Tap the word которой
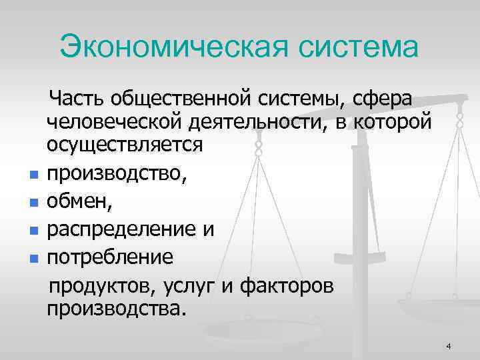[x=395, y=122]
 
